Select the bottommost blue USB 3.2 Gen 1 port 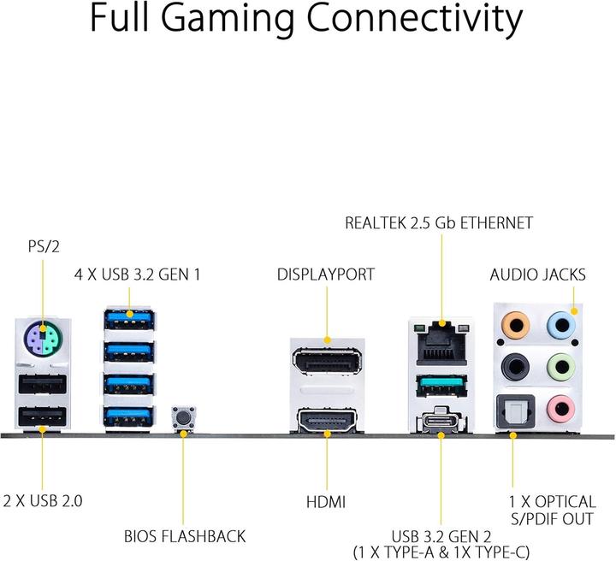click(129, 416)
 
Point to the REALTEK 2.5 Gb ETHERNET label click(439, 223)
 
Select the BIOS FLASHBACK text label click(184, 537)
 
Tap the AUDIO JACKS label click(537, 275)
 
